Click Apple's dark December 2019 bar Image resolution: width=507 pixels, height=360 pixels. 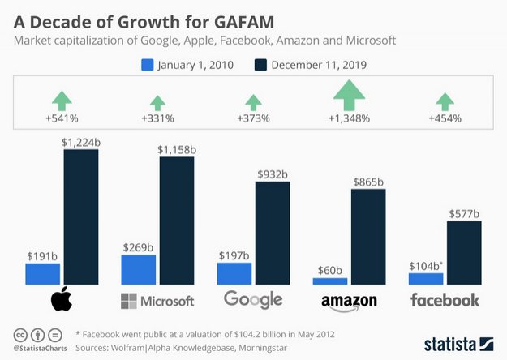click(80, 216)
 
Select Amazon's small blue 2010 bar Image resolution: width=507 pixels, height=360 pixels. click(330, 281)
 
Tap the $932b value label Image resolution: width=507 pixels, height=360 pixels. click(272, 174)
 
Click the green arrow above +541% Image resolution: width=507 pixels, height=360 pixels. click(62, 101)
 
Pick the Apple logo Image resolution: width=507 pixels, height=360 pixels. click(62, 300)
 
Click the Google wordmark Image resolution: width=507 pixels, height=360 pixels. click(253, 300)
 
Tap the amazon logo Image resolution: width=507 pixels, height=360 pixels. click(350, 302)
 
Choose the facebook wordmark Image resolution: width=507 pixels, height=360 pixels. click(445, 301)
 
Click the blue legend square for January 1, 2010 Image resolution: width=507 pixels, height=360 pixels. click(148, 65)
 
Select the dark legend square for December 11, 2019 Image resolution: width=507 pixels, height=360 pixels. click(262, 65)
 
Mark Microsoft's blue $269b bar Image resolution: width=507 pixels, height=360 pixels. click(138, 269)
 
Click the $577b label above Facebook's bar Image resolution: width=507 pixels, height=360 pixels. click(463, 214)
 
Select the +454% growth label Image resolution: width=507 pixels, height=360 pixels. click(445, 118)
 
